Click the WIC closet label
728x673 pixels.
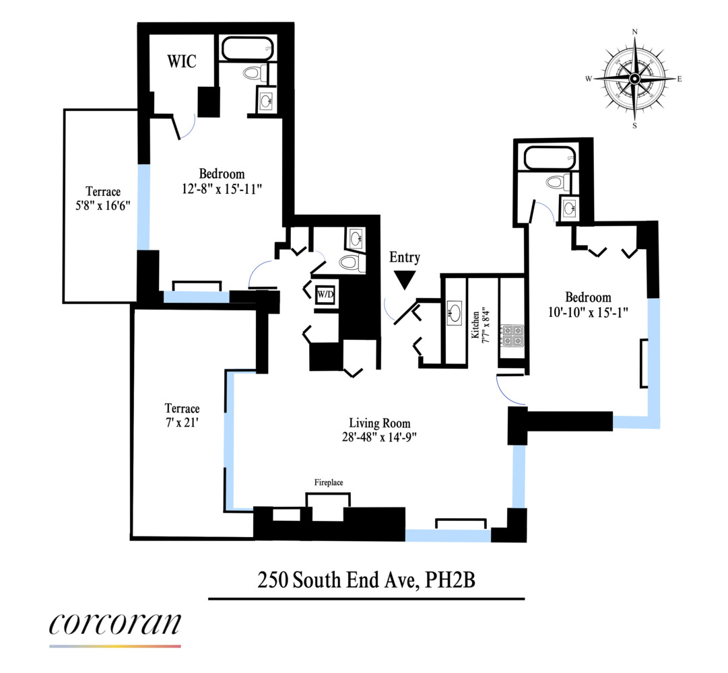[x=182, y=61]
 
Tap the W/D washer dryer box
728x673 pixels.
[x=326, y=295]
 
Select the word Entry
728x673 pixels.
[x=404, y=257]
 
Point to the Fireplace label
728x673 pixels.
[x=329, y=483]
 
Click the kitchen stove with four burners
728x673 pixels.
[x=512, y=336]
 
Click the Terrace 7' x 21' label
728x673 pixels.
[x=182, y=415]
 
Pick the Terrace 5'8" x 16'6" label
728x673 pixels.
[x=102, y=199]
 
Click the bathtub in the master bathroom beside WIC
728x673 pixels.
[x=246, y=48]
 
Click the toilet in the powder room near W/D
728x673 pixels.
[x=350, y=262]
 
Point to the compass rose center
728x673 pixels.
[x=634, y=79]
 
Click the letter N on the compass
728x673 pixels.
[x=634, y=32]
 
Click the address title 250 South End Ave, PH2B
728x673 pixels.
[x=366, y=579]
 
